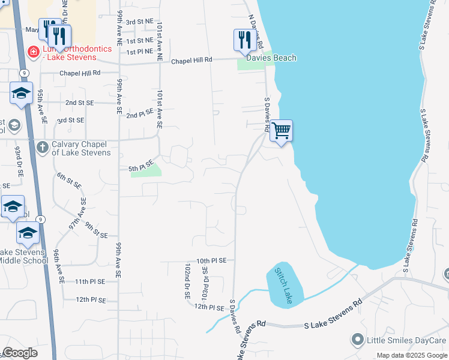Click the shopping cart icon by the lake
tap(281, 130)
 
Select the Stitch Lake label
tap(283, 285)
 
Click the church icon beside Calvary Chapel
tap(42, 146)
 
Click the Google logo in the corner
tap(20, 353)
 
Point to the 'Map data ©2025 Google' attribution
tap(412, 355)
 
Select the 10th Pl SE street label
tap(211, 260)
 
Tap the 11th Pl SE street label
tap(90, 281)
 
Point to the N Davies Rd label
tap(256, 33)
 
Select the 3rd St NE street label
tap(140, 21)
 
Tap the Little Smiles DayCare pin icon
tap(358, 340)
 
